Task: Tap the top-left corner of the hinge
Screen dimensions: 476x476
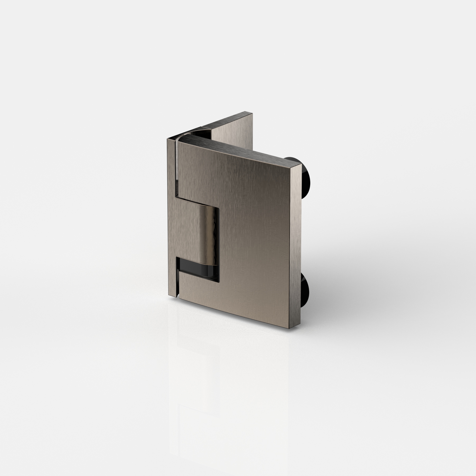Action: (x=167, y=139)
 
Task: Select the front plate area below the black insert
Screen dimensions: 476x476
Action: (x=201, y=294)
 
